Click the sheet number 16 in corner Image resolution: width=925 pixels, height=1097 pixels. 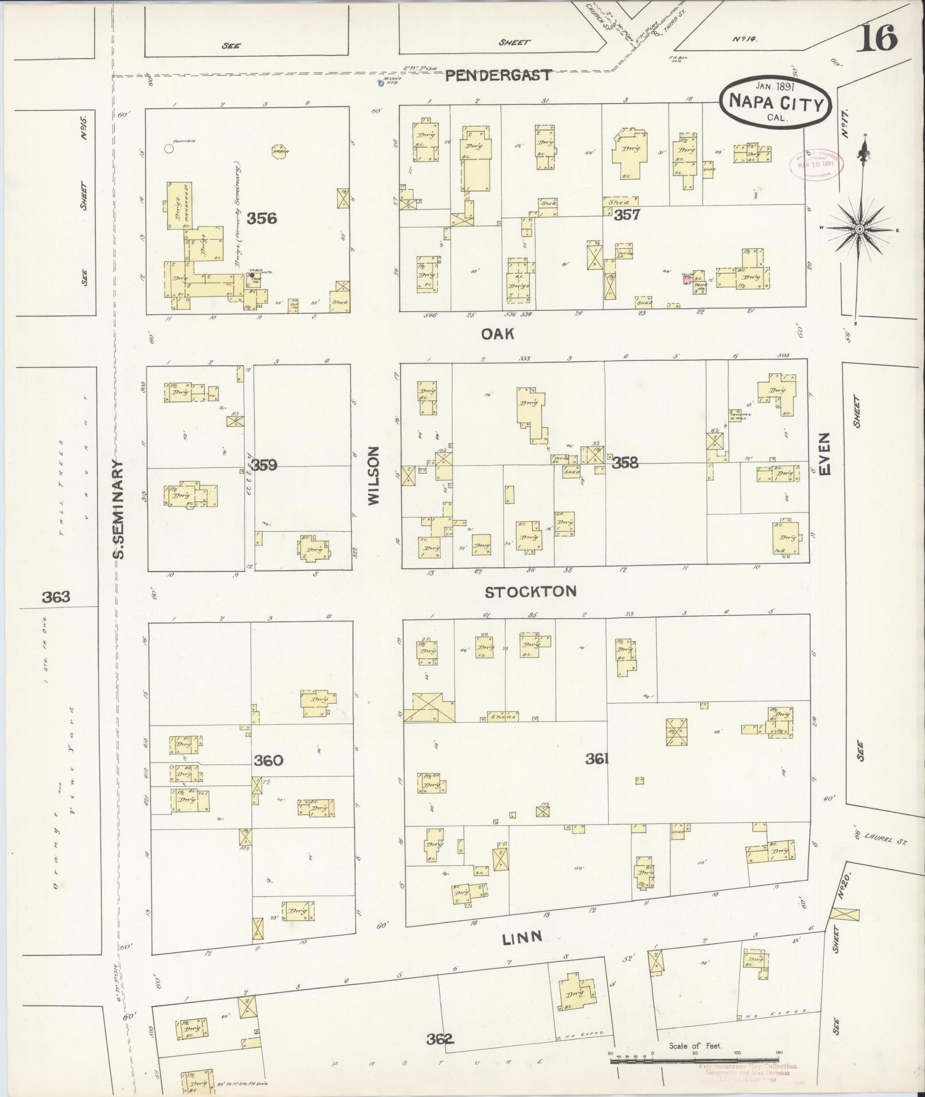click(877, 39)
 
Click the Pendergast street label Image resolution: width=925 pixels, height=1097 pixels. click(498, 75)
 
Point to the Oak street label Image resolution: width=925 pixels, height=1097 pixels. click(498, 334)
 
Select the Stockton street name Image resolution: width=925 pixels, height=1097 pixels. click(530, 592)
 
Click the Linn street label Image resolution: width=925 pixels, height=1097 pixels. click(522, 938)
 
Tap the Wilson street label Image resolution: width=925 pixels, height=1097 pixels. click(374, 476)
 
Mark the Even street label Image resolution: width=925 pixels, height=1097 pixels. click(825, 454)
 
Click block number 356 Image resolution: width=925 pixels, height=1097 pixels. click(262, 218)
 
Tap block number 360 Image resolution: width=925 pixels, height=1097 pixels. click(268, 760)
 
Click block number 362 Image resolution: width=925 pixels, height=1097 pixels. click(440, 1039)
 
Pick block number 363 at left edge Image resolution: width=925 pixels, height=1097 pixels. click(56, 597)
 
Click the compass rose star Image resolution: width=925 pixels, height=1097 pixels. click(859, 229)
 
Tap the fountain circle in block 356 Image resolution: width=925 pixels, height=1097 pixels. click(169, 149)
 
